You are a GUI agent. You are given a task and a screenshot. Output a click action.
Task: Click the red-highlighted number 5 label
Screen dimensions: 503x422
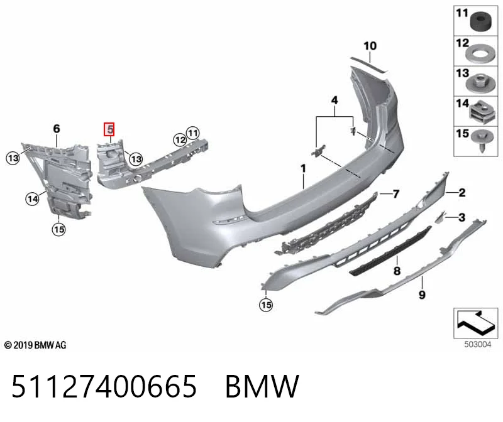pos(109,129)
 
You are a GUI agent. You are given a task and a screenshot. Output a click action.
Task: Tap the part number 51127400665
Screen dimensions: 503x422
pos(104,386)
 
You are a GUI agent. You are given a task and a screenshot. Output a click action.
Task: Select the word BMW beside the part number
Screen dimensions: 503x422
pos(262,386)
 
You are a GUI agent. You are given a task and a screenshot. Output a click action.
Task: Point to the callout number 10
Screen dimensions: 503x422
pos(370,46)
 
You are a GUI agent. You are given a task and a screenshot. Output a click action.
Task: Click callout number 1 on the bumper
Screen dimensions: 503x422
pos(303,168)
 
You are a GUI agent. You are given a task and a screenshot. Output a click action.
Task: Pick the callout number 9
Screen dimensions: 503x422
pos(422,294)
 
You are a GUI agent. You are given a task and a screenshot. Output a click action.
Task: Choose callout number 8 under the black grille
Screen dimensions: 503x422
pos(397,271)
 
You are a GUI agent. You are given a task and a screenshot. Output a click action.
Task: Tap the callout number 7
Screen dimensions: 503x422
pos(396,194)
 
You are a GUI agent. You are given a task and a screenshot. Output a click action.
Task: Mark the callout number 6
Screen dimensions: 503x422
pos(57,129)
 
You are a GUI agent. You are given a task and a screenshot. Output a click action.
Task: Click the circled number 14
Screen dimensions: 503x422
pos(33,199)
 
